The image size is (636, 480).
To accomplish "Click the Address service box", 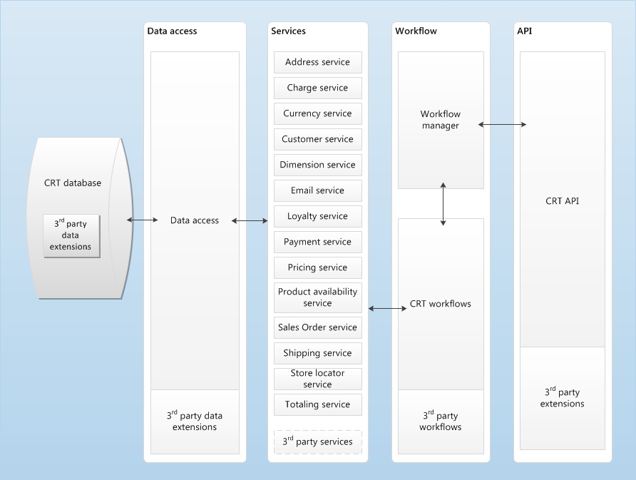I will pyautogui.click(x=317, y=62).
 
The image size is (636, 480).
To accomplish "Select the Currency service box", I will pyautogui.click(x=317, y=113).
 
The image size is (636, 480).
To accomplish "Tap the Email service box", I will pyautogui.click(x=317, y=190).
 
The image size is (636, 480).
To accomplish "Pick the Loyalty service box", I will pyautogui.click(x=317, y=216).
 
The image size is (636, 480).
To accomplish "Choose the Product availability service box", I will pyautogui.click(x=317, y=297).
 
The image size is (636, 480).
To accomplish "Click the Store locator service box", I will pyautogui.click(x=317, y=379).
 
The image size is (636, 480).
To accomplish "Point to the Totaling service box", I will pyautogui.click(x=317, y=404).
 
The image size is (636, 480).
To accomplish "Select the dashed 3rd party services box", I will pyautogui.click(x=317, y=441).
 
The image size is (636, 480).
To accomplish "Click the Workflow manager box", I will pyautogui.click(x=440, y=120).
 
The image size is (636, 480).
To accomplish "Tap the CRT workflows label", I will pyautogui.click(x=440, y=304).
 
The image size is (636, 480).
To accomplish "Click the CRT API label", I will pyautogui.click(x=562, y=201).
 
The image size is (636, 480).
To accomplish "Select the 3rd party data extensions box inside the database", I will pyautogui.click(x=71, y=235).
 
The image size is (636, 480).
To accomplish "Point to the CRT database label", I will pyautogui.click(x=73, y=183).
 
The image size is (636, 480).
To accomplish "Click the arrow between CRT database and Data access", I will pyautogui.click(x=143, y=220).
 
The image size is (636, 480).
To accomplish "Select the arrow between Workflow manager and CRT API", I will pyautogui.click(x=502, y=125).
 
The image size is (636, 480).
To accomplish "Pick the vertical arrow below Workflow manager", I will pyautogui.click(x=443, y=204).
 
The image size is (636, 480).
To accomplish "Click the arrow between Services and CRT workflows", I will pyautogui.click(x=387, y=308).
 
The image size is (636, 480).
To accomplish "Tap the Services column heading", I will pyautogui.click(x=288, y=31).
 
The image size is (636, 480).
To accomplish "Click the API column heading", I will pyautogui.click(x=523, y=31).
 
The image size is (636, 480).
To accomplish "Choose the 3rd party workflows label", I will pyautogui.click(x=440, y=421).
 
